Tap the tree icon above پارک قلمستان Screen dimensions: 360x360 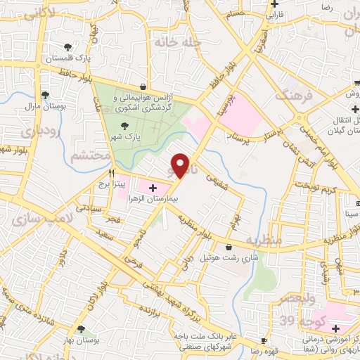click(67, 47)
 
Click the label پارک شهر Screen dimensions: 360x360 click(128, 136)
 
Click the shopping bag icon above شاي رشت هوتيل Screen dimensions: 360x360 click(229, 247)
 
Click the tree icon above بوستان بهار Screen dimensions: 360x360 click(82, 328)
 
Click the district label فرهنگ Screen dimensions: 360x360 click(292, 95)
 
